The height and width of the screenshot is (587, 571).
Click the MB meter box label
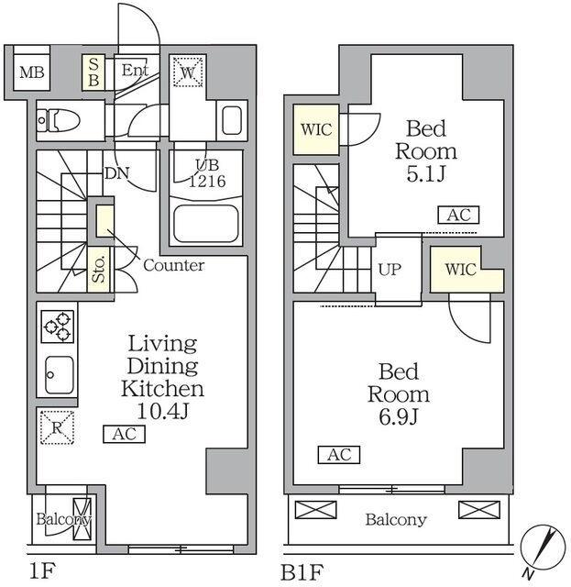coord(32,72)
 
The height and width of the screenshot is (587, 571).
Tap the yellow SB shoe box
coord(93,72)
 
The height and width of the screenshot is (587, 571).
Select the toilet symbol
coord(59,120)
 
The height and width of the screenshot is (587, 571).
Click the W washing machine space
coord(188,72)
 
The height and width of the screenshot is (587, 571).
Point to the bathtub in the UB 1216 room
coord(206,224)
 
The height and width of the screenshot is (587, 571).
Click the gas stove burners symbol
coord(57,327)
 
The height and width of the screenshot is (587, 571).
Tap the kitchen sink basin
coord(60,375)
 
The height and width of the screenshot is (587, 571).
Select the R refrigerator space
coord(57,427)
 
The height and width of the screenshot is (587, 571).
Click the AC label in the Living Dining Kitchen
coord(125,434)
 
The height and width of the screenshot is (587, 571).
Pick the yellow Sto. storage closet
coord(99,270)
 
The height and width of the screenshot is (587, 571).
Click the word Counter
coord(174,265)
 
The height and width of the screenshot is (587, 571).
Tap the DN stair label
coord(117,173)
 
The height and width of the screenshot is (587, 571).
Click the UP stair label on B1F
coord(390,270)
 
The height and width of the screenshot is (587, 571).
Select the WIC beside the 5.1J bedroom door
coord(316,129)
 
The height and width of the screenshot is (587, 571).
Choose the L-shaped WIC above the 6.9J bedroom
coord(467,269)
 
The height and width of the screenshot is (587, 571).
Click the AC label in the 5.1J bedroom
coord(459,215)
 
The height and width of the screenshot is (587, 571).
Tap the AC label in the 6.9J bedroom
coord(339,455)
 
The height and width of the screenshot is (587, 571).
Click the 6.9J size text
coord(398,417)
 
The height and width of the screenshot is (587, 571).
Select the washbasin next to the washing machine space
coord(232,120)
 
